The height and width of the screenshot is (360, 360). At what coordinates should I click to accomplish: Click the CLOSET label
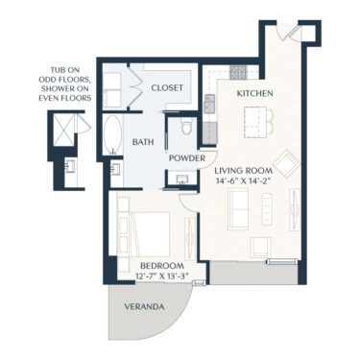pyautogui.click(x=166, y=87)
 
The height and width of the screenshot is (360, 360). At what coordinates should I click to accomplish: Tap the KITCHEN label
pyautogui.click(x=254, y=93)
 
